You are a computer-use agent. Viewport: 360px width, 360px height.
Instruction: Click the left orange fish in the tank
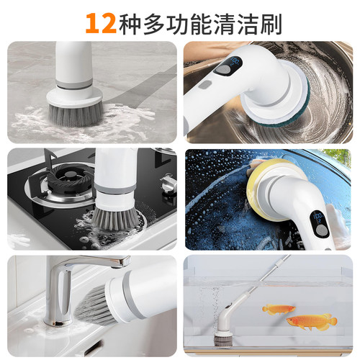coord(275,308)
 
